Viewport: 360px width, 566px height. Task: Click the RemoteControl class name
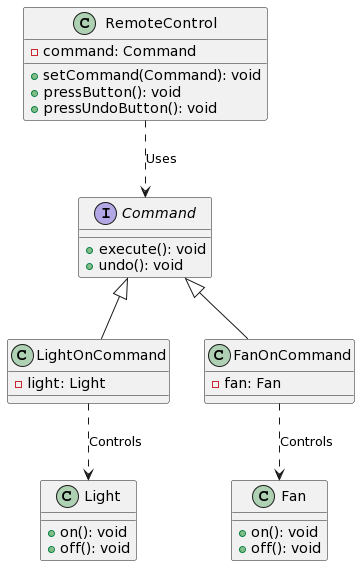161,24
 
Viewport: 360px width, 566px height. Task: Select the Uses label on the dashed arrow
161,159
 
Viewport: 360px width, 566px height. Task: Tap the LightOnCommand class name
101,355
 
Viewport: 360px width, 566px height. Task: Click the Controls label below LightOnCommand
115,441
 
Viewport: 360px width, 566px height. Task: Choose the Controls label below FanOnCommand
306,441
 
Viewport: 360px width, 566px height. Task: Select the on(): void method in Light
93,532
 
